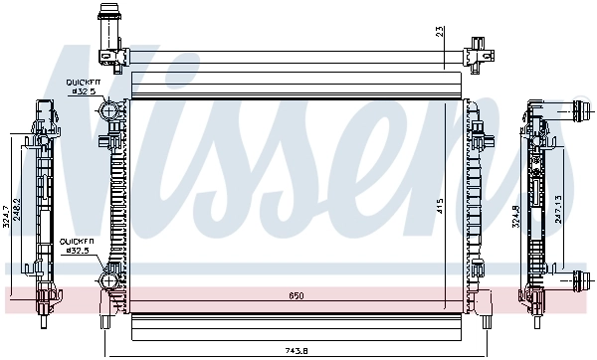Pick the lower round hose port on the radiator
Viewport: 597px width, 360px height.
coord(107,284)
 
